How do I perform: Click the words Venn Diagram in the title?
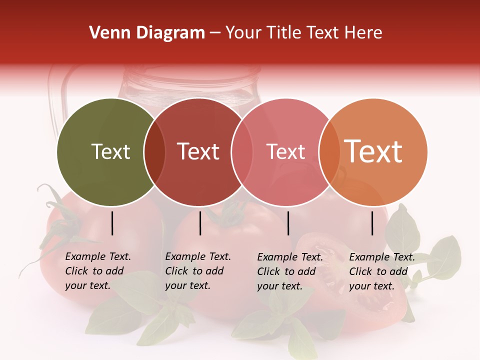147,33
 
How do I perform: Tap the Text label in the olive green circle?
110,151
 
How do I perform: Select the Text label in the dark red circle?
198,151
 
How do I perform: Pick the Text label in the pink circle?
285,151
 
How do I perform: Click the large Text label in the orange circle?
373,151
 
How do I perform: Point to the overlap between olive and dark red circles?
154,152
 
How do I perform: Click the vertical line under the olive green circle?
112,223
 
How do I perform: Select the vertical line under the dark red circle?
200,223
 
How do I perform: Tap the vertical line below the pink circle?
288,223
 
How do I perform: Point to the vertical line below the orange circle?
372,223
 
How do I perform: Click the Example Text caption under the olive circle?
98,271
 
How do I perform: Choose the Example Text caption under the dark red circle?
198,271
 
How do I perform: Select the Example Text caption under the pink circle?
290,271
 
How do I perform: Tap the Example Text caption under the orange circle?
382,271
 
